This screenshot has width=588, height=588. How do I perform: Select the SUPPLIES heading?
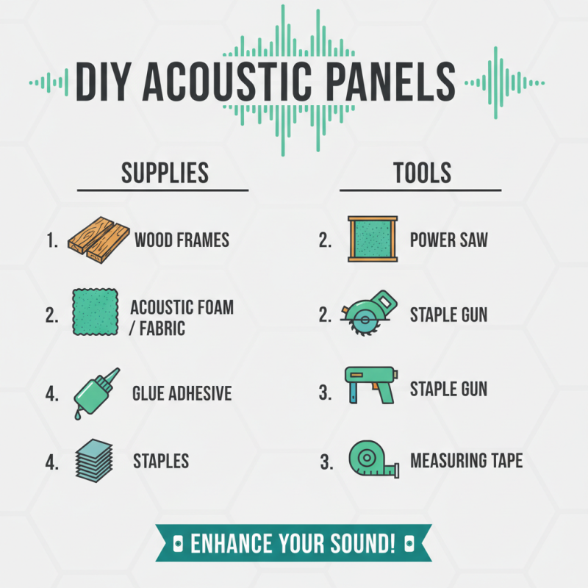coord(165,173)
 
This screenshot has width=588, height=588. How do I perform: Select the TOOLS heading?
coord(422,173)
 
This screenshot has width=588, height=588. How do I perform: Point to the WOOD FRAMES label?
coord(182,240)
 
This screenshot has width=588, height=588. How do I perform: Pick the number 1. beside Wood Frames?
coord(51,240)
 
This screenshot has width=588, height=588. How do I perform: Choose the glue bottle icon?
coord(94,393)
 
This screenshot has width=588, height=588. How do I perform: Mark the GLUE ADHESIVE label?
coord(182,393)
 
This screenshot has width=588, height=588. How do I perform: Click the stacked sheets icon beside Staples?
coord(93,461)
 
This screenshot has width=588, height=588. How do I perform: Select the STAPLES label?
coord(161,461)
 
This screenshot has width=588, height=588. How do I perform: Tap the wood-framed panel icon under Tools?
coord(373,239)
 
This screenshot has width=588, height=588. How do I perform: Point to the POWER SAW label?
coord(448,240)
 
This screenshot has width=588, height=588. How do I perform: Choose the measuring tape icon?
coord(372,460)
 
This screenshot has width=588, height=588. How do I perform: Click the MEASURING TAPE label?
coord(466,461)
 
